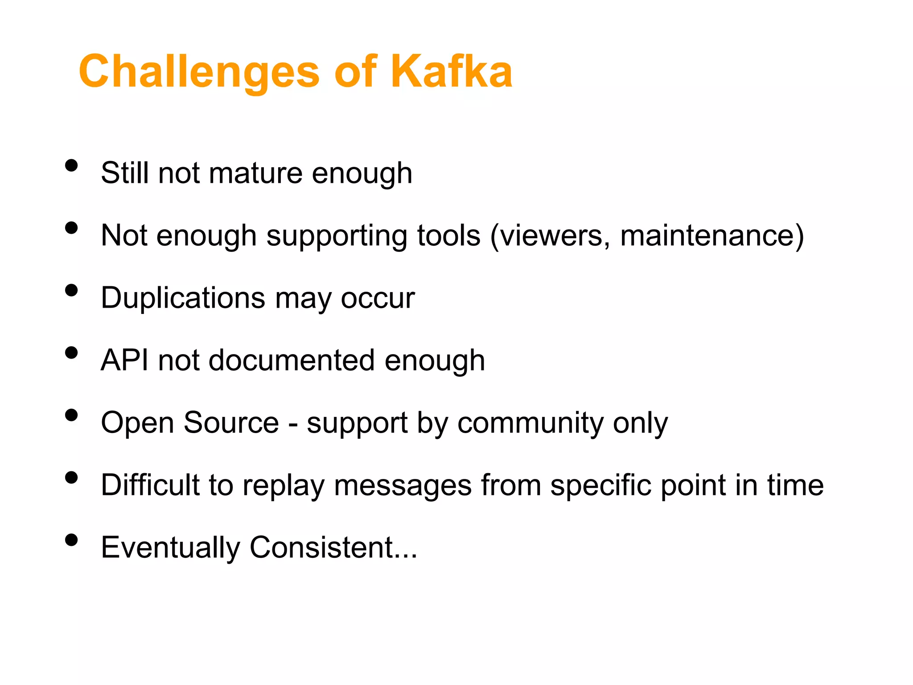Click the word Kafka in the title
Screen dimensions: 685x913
point(452,71)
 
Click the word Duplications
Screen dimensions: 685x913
point(183,298)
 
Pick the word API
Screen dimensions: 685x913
point(124,360)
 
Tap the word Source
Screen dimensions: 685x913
point(231,423)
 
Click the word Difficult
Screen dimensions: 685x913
point(150,485)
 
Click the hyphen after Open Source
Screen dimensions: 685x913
point(293,424)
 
